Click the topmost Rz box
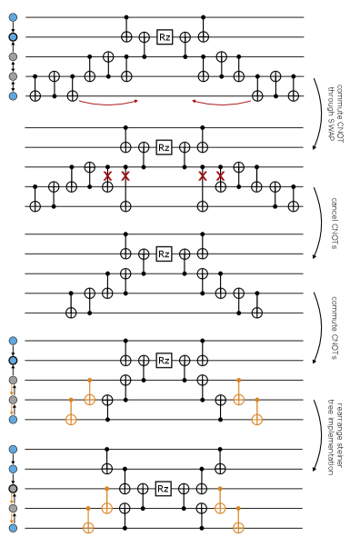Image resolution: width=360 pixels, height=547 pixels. pos(165,37)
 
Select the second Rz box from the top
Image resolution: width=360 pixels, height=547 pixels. pos(164,147)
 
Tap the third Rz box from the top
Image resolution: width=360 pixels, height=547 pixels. pos(164,254)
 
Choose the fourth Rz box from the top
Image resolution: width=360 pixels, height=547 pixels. pos(164,361)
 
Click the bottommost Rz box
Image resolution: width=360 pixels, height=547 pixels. pos(163,489)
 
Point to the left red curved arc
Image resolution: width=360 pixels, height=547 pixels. pos(108,104)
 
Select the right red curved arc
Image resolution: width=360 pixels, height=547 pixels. pos(222,104)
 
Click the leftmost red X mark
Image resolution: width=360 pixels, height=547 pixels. pos(107,176)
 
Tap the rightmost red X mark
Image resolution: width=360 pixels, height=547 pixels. pos(220,176)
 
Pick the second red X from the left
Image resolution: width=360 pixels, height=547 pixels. pos(125,176)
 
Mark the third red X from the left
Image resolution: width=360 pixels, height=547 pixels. pos(203,176)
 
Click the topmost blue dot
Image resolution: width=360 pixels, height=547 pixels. pos(13,17)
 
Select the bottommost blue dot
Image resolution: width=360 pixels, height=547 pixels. pos(13,528)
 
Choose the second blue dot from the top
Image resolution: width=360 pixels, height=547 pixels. pos(13,37)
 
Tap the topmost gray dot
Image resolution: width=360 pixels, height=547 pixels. pos(13,56)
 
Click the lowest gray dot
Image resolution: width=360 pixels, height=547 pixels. pos(13,509)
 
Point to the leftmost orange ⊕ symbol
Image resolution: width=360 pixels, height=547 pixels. pos(71,420)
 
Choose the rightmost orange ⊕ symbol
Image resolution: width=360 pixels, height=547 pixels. pos(257,420)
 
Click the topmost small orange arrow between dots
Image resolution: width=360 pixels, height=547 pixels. pos(12,390)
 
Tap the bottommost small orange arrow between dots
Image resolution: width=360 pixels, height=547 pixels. pos(12,518)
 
